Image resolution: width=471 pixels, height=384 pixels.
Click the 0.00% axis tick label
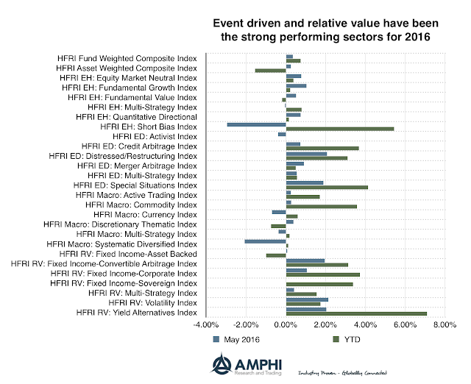pos(286,325)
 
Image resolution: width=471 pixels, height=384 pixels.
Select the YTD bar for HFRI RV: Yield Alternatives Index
pos(356,314)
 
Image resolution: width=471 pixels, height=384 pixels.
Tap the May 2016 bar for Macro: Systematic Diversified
pos(265,241)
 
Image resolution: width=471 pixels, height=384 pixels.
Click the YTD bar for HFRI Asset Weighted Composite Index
pos(270,71)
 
